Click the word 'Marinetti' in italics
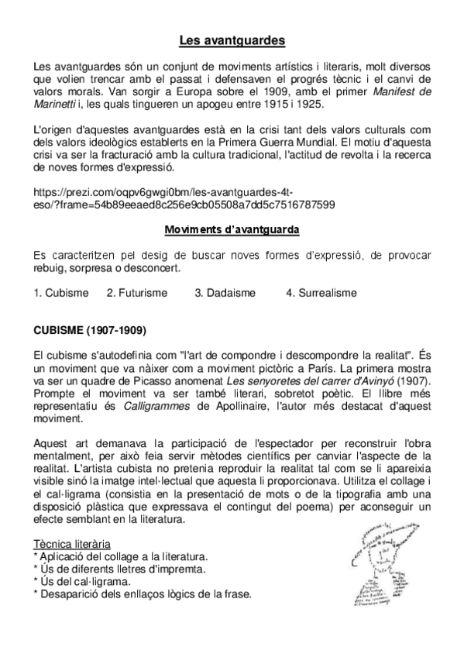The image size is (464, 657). [x=65, y=105]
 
